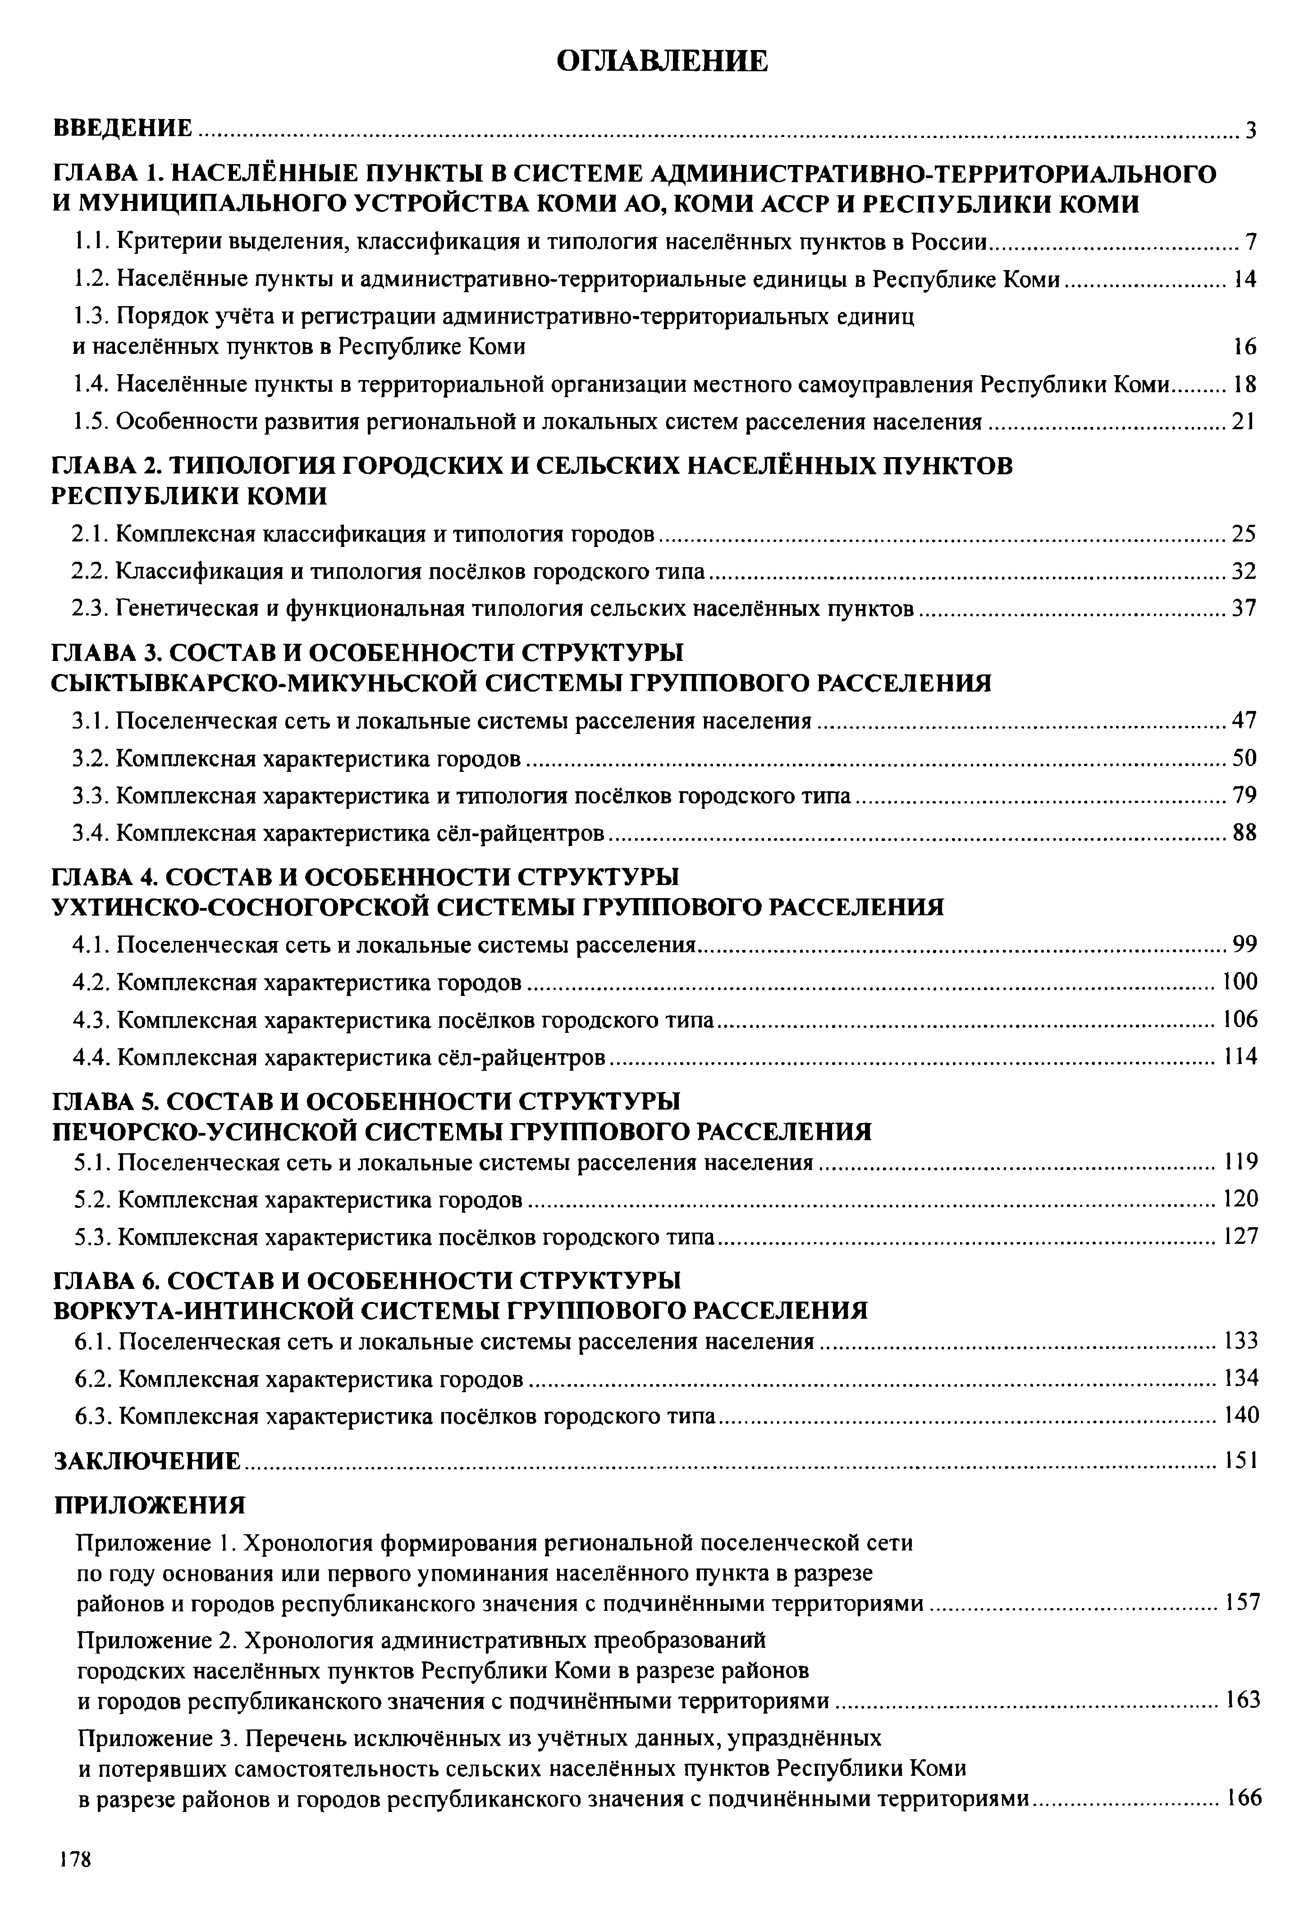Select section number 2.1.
tap(90, 535)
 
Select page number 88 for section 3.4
tap(1244, 833)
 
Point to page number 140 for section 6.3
tap(1240, 1416)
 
